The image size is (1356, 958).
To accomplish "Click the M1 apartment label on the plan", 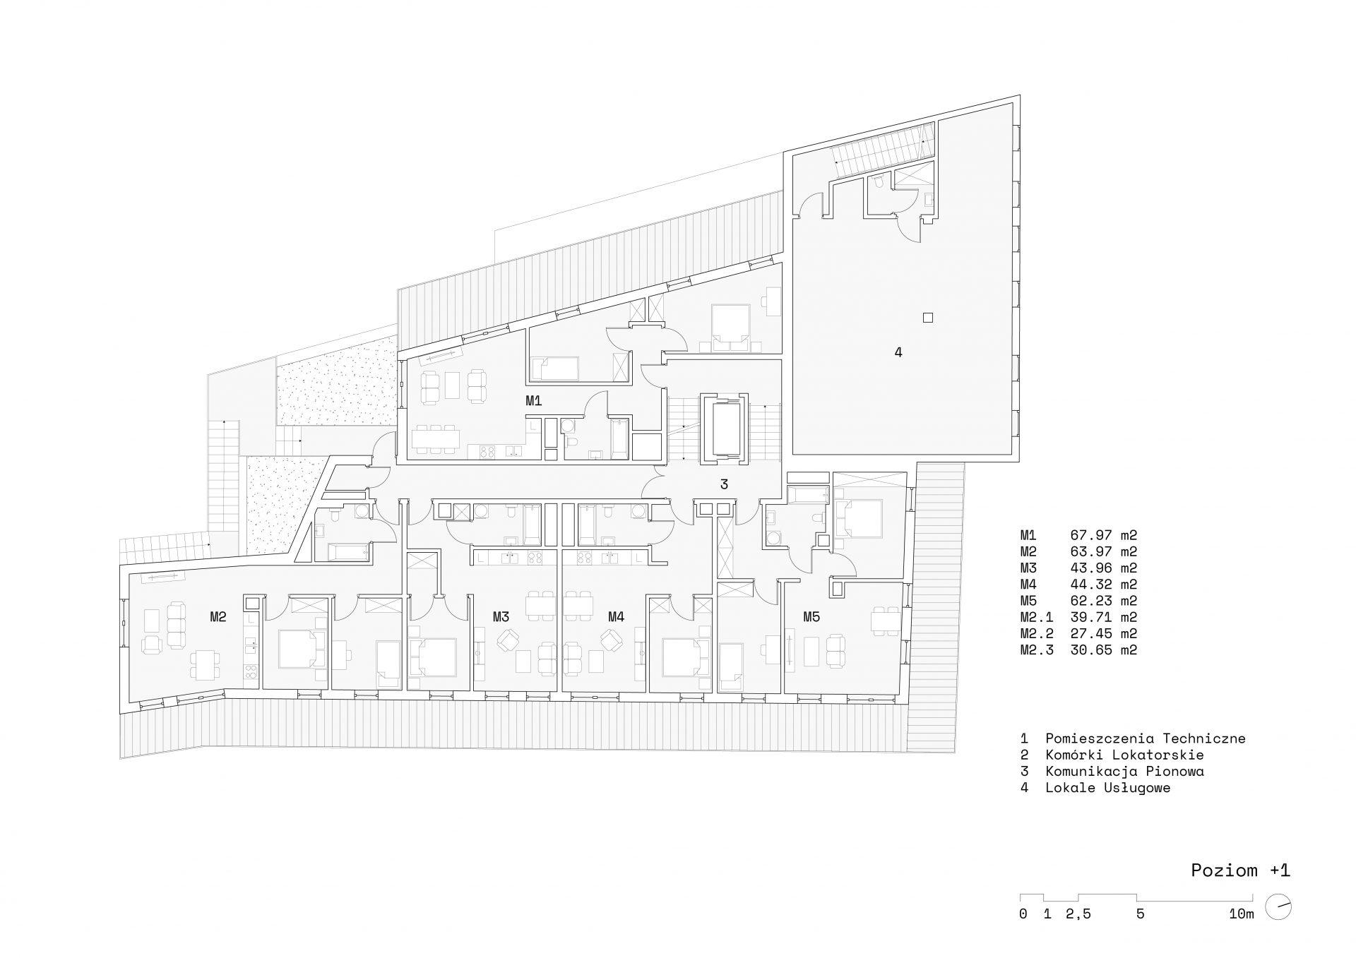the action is [x=533, y=401].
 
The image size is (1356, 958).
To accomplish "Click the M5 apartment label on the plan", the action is [x=811, y=617].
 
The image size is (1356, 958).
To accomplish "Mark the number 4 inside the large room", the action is [x=898, y=352].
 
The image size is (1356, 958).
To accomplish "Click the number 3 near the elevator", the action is [x=724, y=484].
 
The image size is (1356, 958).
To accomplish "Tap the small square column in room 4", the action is [x=928, y=318].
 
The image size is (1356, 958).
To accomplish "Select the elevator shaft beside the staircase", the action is [x=723, y=429].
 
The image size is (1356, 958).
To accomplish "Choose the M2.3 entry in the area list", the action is [x=1037, y=650].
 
